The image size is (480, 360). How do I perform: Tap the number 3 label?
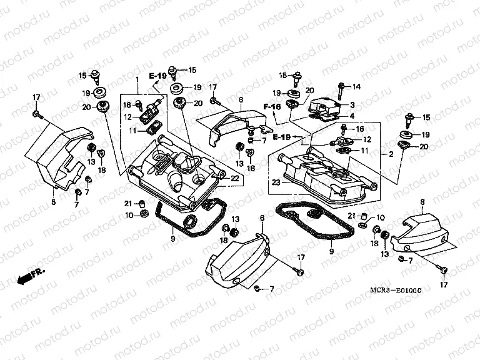(x=352, y=105)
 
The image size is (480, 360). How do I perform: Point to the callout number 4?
(x=352, y=116)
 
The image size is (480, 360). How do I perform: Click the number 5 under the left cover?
(x=53, y=202)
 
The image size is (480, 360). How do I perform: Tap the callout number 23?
(x=276, y=182)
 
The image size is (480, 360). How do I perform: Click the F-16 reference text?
(x=272, y=107)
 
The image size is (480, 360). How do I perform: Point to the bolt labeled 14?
(x=341, y=89)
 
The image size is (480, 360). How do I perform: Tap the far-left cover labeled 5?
(x=62, y=156)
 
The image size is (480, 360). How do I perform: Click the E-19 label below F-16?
(x=281, y=136)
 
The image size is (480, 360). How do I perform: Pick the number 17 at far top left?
(x=36, y=97)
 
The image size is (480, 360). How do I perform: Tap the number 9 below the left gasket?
(x=172, y=237)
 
